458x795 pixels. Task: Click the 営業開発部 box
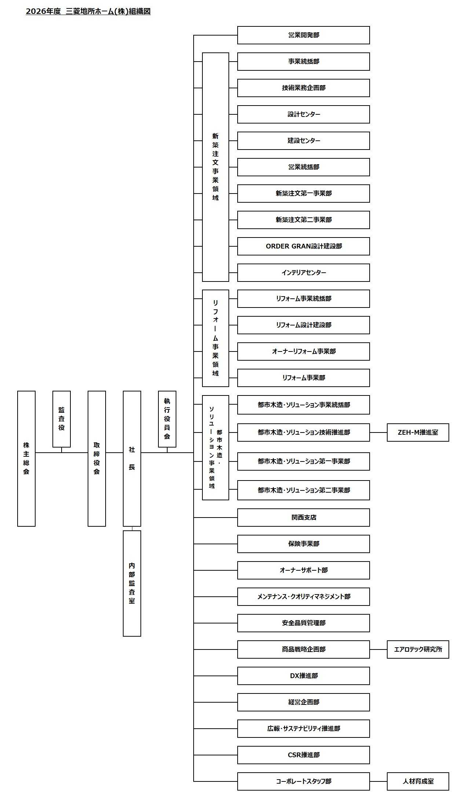[x=303, y=35]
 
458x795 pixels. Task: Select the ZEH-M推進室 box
[x=418, y=432]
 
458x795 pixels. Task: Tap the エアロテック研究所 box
[x=418, y=649]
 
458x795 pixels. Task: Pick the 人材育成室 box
[x=418, y=781]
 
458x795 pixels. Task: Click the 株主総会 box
[x=26, y=458]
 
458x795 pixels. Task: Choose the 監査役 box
[x=62, y=419]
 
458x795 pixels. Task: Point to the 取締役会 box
[x=97, y=458]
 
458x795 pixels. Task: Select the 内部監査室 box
[x=132, y=583]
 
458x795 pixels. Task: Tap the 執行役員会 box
[x=167, y=419]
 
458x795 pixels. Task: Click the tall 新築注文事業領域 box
[x=216, y=167]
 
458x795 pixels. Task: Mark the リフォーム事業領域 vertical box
[x=216, y=338]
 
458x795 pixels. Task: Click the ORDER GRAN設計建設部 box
[x=303, y=246]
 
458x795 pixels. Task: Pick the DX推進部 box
[x=303, y=676]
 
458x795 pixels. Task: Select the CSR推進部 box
[x=303, y=755]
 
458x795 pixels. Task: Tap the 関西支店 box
[x=303, y=517]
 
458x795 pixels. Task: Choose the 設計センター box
[x=303, y=114]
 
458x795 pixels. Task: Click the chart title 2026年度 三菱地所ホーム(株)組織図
[x=88, y=11]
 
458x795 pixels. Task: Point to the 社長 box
[x=132, y=458]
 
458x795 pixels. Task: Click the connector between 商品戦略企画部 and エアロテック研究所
[x=378, y=649]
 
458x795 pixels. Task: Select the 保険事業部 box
[x=303, y=544]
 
